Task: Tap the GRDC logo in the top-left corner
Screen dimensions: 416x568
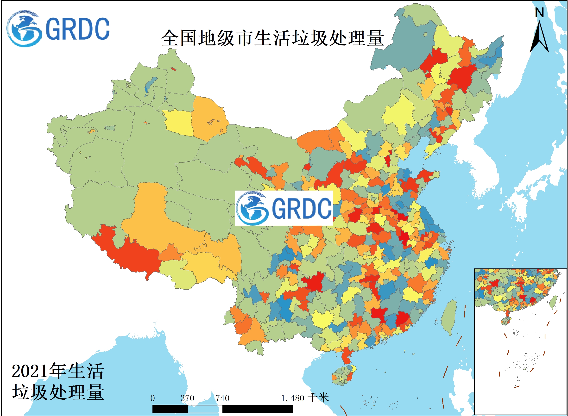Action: pyautogui.click(x=58, y=28)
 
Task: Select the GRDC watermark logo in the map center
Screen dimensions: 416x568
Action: pyautogui.click(x=284, y=208)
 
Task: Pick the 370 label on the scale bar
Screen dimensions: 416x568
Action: pyautogui.click(x=187, y=398)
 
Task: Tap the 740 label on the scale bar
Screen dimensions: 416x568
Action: pyautogui.click(x=222, y=398)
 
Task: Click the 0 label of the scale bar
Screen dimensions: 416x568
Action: pyautogui.click(x=152, y=398)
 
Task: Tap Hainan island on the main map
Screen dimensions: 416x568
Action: pyautogui.click(x=343, y=376)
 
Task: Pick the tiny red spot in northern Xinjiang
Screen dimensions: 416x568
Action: pyautogui.click(x=173, y=68)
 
